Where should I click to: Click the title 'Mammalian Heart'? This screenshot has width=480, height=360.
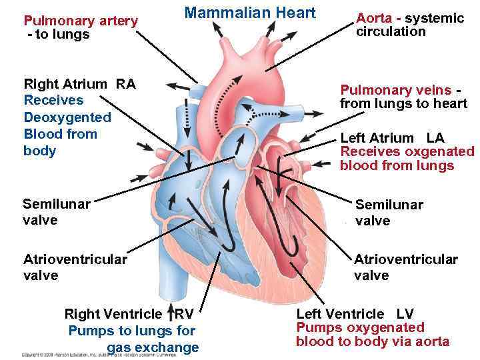(249, 13)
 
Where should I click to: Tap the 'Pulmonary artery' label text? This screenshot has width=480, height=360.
(81, 21)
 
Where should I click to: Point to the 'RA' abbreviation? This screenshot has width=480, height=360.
(125, 84)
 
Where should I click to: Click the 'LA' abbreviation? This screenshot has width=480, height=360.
(435, 138)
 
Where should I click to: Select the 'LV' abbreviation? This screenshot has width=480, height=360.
(405, 314)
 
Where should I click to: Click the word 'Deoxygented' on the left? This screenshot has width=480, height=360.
(67, 117)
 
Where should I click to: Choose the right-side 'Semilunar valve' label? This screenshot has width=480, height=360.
(389, 213)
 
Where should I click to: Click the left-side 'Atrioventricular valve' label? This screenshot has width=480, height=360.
(75, 267)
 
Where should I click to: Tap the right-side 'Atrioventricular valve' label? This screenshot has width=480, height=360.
(405, 267)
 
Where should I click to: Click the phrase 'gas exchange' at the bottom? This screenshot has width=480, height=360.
(153, 347)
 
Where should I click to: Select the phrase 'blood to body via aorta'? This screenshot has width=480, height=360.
(373, 342)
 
